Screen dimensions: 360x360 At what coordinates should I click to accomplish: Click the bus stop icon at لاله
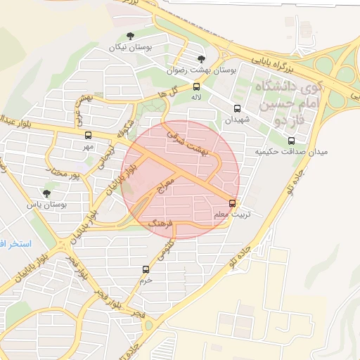pos(196,86)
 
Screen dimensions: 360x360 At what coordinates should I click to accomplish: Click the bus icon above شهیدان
pos(236,109)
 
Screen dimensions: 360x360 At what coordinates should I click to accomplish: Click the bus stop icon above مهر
pos(88,136)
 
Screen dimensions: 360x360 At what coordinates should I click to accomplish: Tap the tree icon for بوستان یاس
pos(46,193)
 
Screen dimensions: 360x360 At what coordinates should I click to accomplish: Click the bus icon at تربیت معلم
pos(233,203)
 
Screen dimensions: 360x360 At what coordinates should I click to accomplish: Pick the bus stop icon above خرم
pos(146,269)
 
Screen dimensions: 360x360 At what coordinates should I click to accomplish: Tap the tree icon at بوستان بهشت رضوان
pos(202,59)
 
